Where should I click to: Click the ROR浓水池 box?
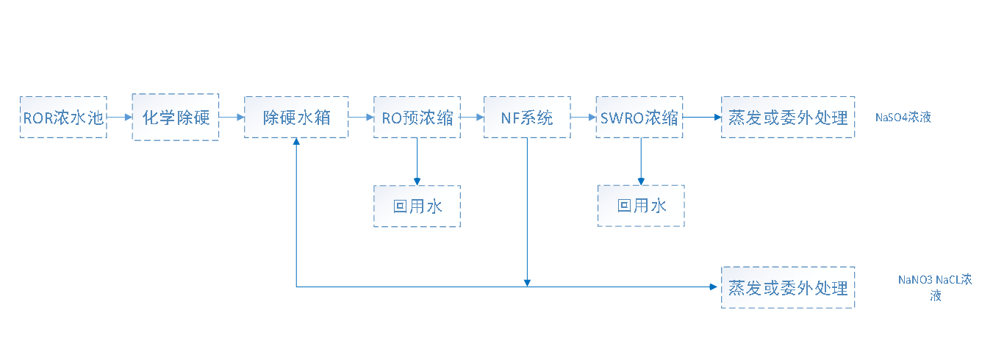click(x=63, y=117)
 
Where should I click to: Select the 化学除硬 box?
click(x=176, y=117)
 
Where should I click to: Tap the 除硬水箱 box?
click(x=296, y=117)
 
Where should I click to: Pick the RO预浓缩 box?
click(x=417, y=117)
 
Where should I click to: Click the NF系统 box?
click(x=527, y=117)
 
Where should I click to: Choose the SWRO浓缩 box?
click(x=639, y=117)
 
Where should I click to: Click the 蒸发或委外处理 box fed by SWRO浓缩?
click(x=788, y=117)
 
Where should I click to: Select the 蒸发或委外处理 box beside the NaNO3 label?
click(x=788, y=287)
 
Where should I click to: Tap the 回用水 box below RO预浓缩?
click(x=417, y=206)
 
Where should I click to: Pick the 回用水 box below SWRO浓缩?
click(x=641, y=206)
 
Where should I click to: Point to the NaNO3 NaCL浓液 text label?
click(x=935, y=287)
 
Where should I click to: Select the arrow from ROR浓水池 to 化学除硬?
click(x=119, y=117)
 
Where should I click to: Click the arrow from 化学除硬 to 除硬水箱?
click(x=232, y=117)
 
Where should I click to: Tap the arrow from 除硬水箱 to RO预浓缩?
click(x=360, y=117)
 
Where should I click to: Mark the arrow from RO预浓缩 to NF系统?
click(x=472, y=117)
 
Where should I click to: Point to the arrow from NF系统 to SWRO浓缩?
click(x=583, y=117)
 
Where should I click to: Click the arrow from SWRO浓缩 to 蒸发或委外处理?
click(x=702, y=117)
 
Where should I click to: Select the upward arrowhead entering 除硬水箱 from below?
click(x=296, y=144)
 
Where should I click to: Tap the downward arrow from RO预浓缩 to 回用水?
click(x=417, y=162)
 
